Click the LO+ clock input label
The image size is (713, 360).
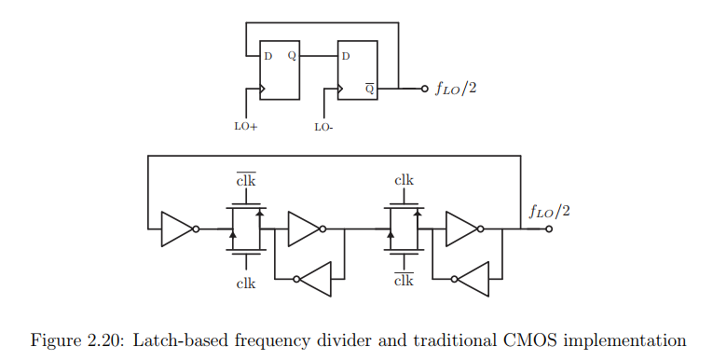point(245,125)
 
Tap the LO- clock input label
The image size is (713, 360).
point(323,125)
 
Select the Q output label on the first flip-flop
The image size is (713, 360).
point(292,55)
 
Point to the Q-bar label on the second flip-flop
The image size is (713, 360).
point(369,90)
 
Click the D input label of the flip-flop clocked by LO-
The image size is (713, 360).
point(346,55)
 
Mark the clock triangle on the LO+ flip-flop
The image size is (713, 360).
point(263,90)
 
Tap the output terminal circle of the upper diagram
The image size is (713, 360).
point(424,90)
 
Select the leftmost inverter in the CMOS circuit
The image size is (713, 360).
point(177,228)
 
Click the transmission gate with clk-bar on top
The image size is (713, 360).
point(246,228)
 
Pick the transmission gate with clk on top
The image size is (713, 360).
point(404,228)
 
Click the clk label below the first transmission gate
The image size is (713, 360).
point(246,282)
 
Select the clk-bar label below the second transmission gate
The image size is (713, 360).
point(404,282)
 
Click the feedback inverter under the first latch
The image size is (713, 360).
point(313,278)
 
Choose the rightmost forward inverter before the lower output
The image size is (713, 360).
point(462,228)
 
